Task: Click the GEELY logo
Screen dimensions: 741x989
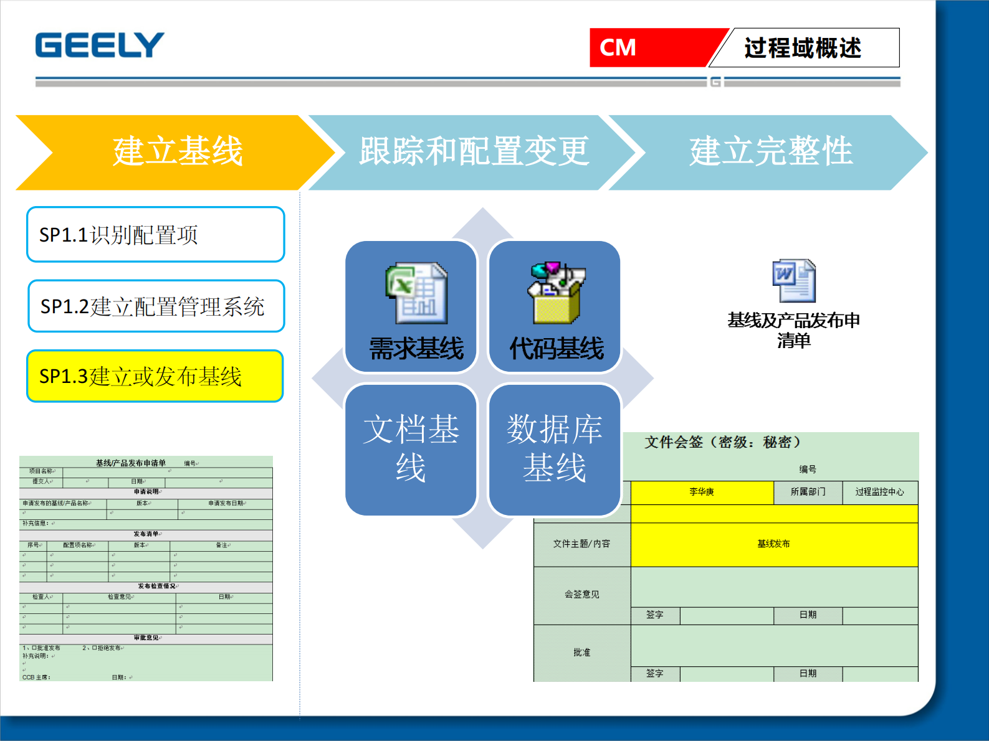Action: (100, 45)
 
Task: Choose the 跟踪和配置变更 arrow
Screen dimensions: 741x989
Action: (474, 152)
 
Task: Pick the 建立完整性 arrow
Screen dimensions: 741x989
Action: (770, 152)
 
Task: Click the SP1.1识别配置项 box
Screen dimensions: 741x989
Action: (155, 235)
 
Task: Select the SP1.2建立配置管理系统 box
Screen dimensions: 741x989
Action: (156, 306)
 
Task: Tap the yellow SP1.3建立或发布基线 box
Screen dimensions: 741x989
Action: (155, 376)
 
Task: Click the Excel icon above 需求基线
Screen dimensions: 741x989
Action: (416, 293)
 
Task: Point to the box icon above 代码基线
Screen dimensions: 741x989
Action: (556, 293)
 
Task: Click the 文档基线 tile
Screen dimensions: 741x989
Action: (411, 449)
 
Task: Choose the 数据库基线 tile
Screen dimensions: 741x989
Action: (554, 449)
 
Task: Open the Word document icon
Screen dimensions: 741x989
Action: (793, 281)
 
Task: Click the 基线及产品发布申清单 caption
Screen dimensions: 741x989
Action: (793, 330)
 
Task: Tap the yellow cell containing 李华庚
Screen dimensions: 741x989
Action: (702, 492)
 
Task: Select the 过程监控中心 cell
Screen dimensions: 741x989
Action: (879, 492)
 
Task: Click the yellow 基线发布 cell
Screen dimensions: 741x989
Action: (773, 544)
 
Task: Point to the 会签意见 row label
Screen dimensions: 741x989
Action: (581, 595)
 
